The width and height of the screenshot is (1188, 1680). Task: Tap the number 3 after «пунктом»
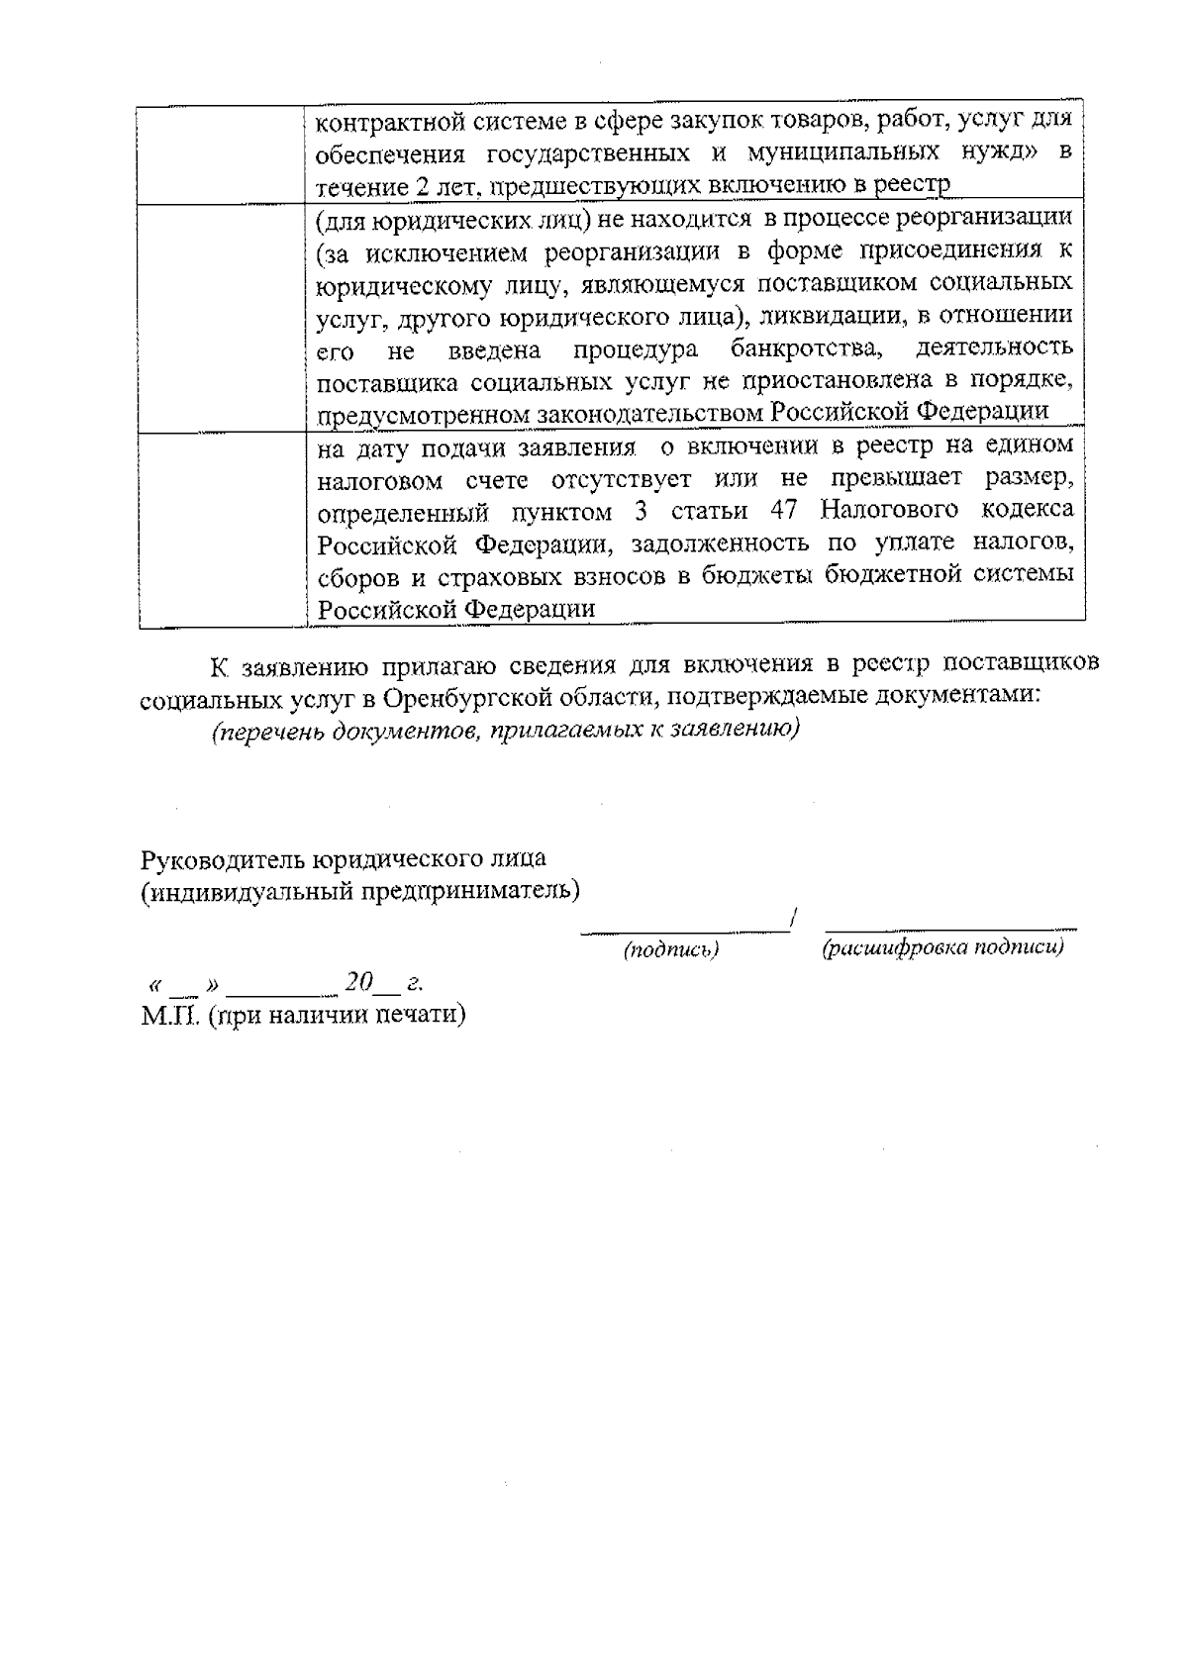tap(639, 511)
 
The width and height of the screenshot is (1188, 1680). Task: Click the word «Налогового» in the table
tap(889, 511)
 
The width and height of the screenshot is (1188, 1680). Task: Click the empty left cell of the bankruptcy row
tap(221, 317)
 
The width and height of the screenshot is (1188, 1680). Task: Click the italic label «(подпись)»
tap(670, 950)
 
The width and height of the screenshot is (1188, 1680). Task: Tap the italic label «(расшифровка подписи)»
tap(942, 948)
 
